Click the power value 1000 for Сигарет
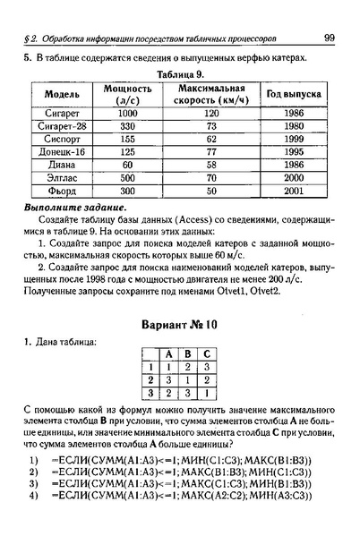click(126, 114)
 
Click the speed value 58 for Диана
click(211, 166)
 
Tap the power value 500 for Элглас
click(126, 178)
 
